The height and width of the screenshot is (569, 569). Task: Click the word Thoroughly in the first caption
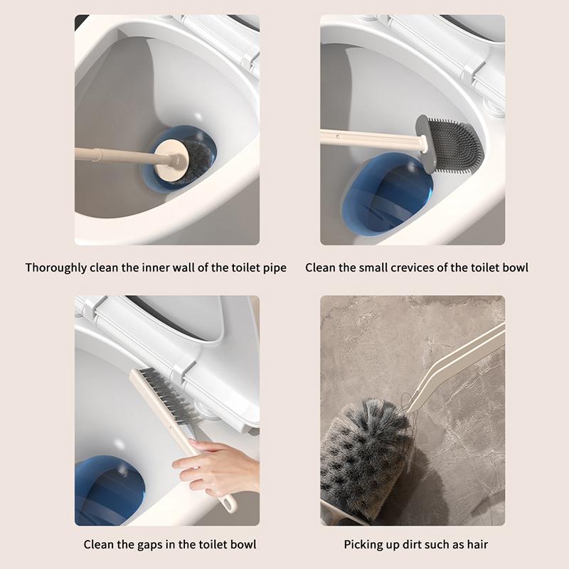56,268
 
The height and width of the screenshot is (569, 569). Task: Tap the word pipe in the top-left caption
275,269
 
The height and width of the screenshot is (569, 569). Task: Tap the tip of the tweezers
408,411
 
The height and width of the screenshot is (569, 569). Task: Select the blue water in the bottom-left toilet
109,491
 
